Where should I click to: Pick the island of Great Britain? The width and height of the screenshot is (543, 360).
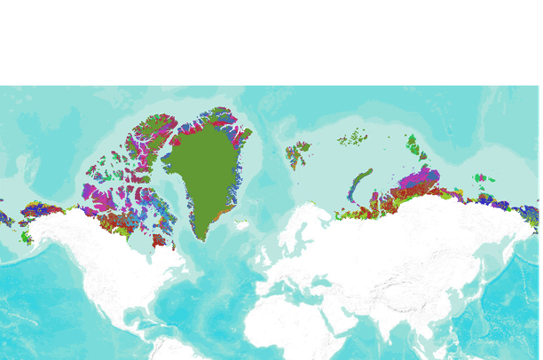(x=264, y=262)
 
